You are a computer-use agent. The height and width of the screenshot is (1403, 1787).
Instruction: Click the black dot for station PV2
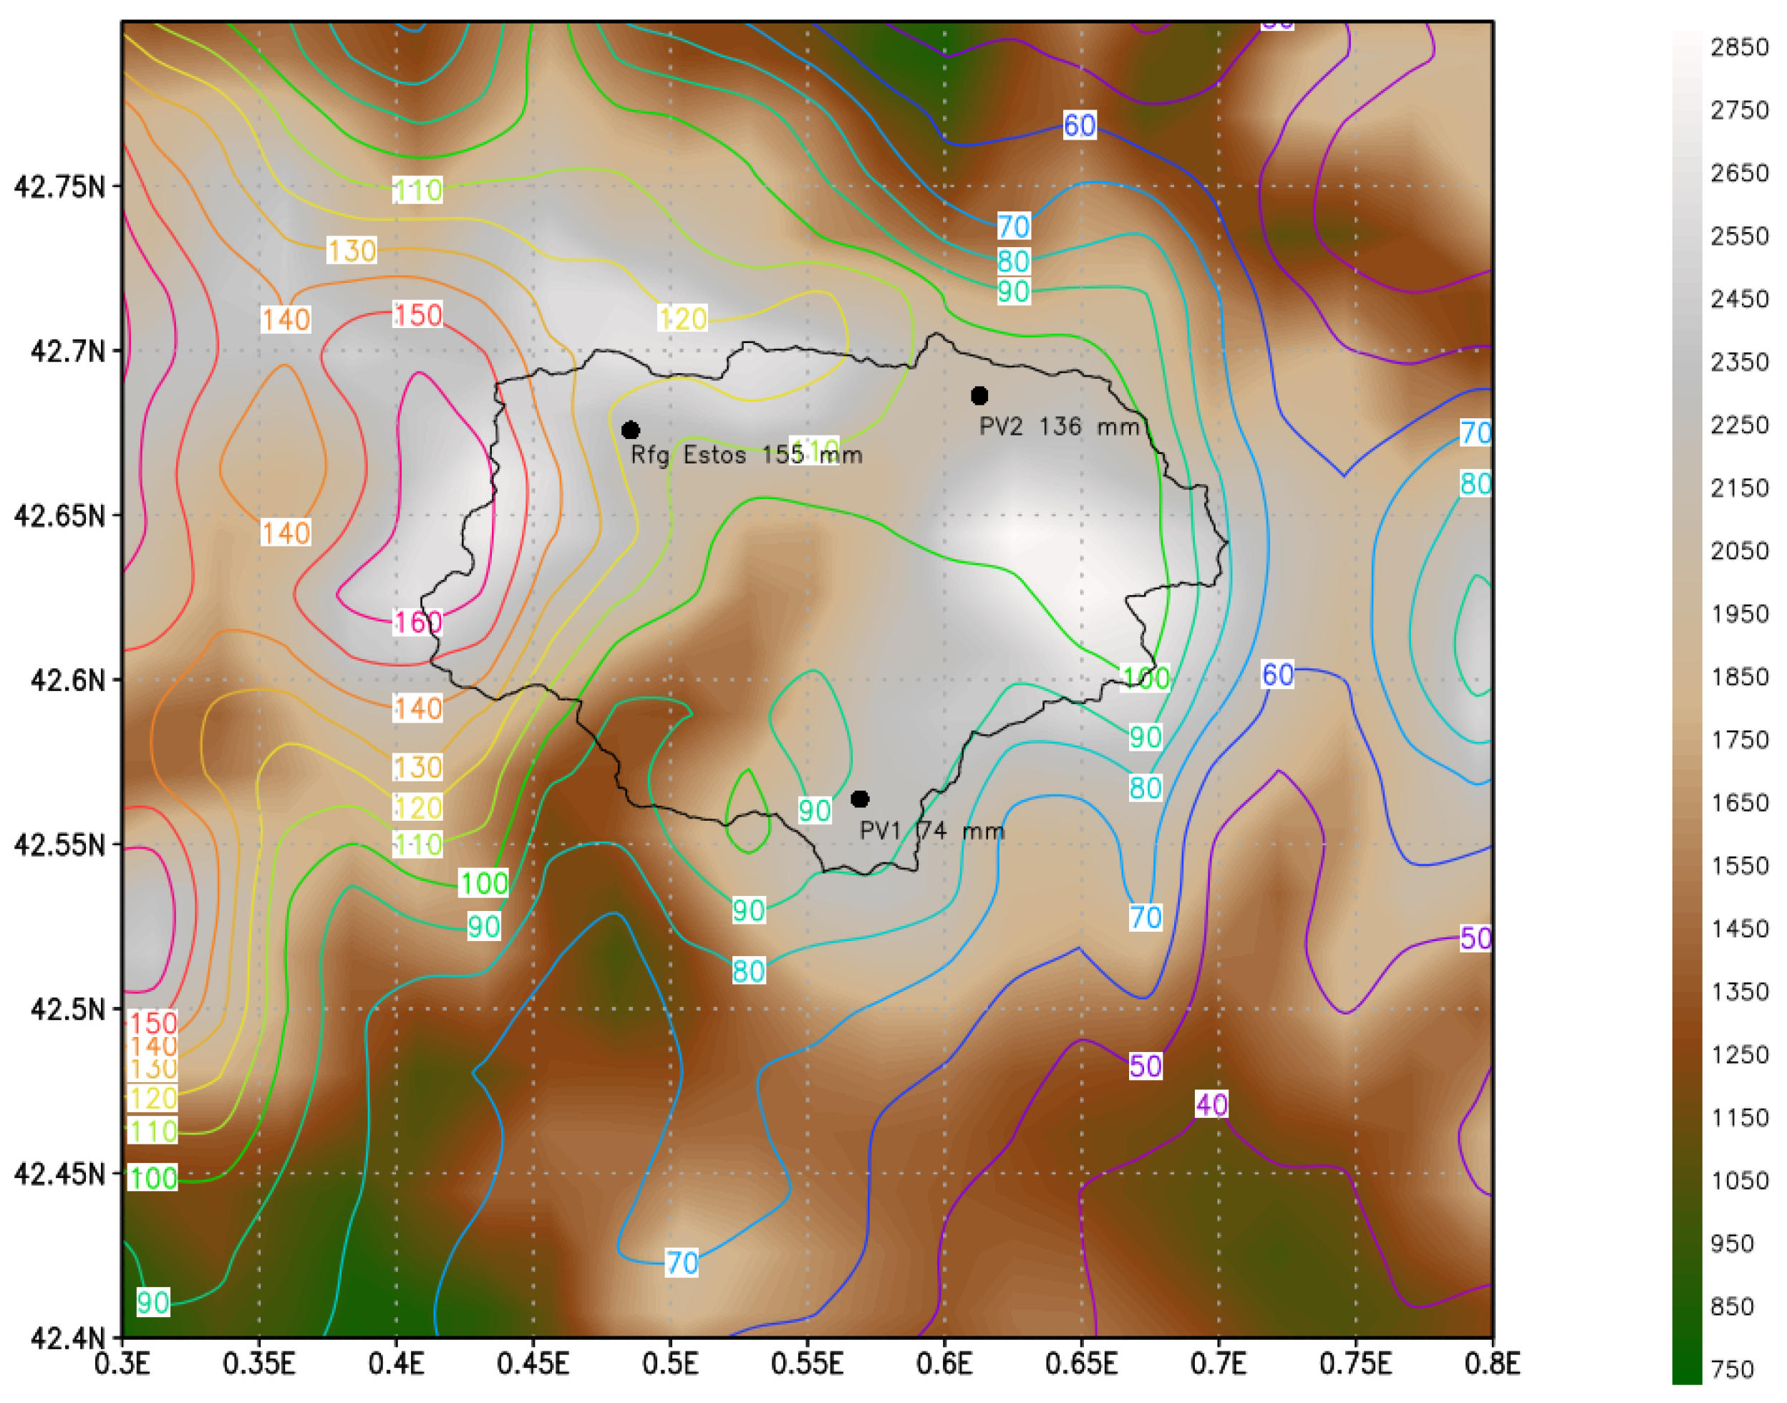pos(979,396)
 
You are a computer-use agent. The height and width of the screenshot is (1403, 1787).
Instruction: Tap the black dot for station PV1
pos(860,799)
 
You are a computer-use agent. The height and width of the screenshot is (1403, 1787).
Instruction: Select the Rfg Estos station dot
pos(631,430)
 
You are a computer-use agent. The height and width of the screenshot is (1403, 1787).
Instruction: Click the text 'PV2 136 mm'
pos(1060,427)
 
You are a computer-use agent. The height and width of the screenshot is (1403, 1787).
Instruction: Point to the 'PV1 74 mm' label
pos(932,831)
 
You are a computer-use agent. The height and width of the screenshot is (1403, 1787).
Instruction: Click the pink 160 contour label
pos(418,622)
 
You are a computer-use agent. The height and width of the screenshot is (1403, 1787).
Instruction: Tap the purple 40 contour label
pos(1212,1105)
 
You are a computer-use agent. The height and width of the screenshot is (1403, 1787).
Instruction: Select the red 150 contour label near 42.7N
pos(418,314)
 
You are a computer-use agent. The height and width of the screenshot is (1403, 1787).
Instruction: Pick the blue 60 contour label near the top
pos(1079,125)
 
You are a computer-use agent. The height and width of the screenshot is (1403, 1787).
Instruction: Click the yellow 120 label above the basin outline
pos(682,318)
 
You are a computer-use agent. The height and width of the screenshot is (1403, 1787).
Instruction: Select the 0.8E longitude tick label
pos(1492,1364)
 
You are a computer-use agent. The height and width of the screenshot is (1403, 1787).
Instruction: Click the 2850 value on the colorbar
pos(1739,47)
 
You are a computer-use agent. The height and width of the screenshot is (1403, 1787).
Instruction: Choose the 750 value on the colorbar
pos(1733,1369)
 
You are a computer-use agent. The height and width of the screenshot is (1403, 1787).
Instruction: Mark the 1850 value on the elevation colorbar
pos(1739,677)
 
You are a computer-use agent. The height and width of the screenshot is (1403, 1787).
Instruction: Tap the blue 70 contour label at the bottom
pos(682,1263)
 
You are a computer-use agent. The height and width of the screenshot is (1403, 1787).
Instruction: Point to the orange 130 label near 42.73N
pos(352,251)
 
